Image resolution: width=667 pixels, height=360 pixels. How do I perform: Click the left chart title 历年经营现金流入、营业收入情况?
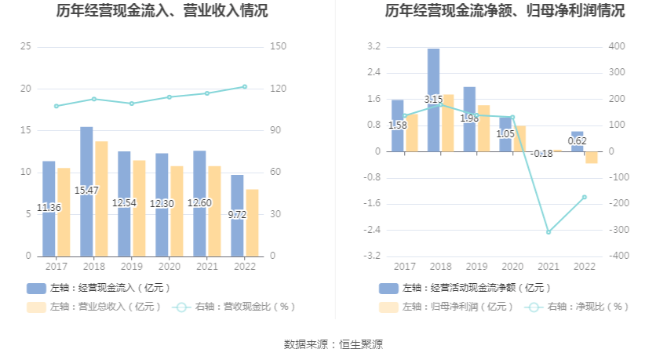click(162, 11)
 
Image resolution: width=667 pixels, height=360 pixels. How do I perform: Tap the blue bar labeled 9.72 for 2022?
click(237, 214)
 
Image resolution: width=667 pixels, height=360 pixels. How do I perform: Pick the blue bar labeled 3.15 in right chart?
click(433, 100)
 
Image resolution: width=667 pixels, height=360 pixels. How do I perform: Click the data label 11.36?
click(49, 208)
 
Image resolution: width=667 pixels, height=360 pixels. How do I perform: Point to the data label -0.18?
click(542, 154)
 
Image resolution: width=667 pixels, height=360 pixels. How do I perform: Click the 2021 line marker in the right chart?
click(549, 232)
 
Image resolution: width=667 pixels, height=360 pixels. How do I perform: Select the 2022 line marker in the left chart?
click(244, 87)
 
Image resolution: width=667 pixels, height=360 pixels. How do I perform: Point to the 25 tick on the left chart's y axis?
click(26, 47)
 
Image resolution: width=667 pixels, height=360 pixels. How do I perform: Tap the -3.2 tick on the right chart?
click(374, 256)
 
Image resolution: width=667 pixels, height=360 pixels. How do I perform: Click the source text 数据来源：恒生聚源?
click(333, 344)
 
